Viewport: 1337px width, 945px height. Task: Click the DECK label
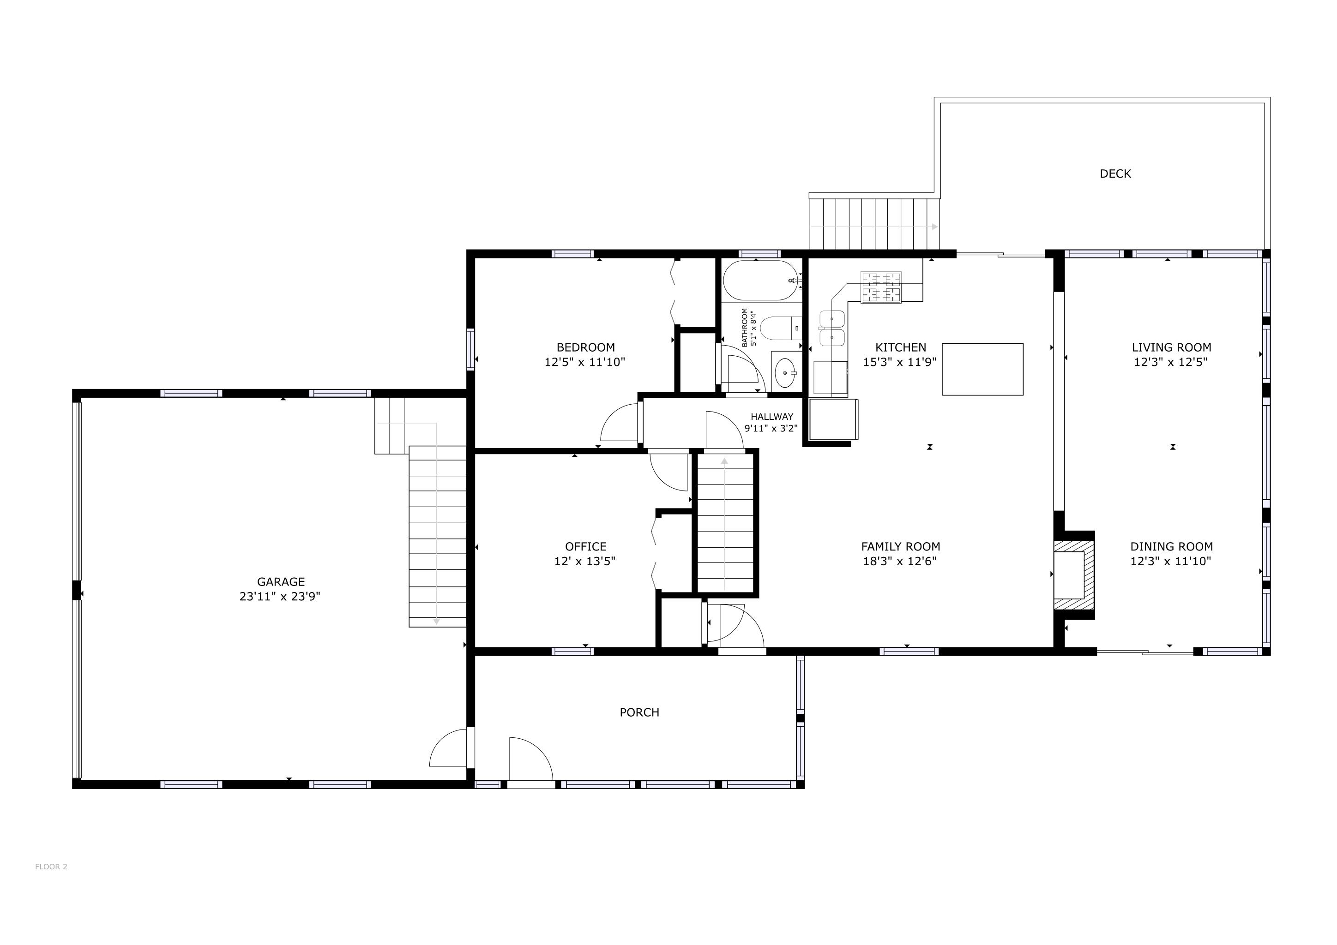1114,173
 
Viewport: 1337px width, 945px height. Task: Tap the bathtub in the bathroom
760,281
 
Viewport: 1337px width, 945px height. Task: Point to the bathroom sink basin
786,372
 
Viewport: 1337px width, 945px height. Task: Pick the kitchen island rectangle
982,370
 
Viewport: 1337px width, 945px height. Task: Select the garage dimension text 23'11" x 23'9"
280,597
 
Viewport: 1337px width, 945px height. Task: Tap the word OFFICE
585,546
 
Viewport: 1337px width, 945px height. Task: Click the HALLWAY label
771,417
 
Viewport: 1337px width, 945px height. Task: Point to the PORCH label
639,712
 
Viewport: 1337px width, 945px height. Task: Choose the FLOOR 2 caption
51,867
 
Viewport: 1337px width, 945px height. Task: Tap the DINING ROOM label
1171,546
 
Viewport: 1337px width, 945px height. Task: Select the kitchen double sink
832,328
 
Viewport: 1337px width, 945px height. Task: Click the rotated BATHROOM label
745,328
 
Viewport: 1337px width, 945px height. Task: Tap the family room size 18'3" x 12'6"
900,562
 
